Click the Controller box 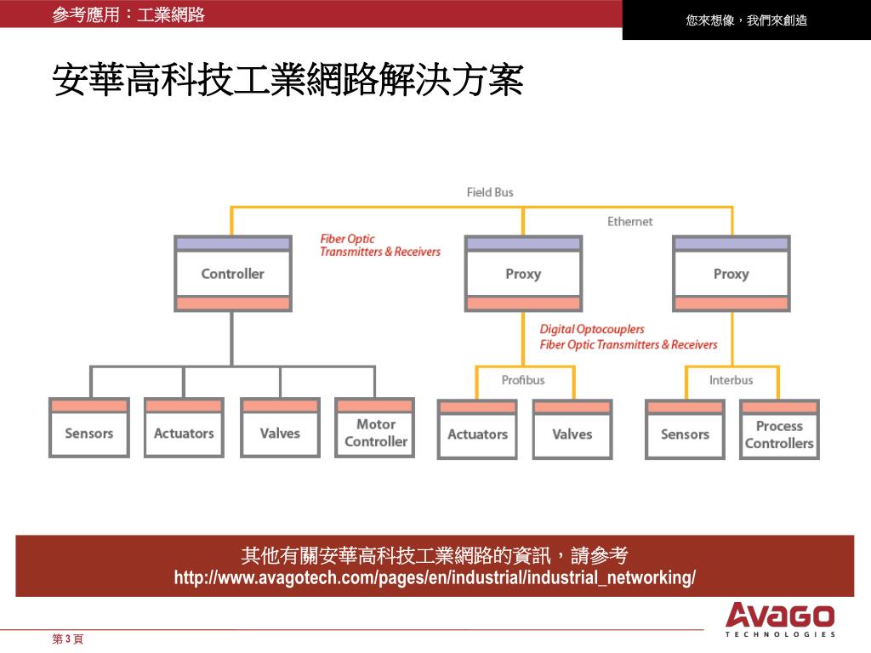(232, 274)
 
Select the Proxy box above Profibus (523, 274)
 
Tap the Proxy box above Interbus (731, 274)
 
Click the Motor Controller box (375, 432)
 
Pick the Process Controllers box (778, 434)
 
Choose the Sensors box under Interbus (685, 434)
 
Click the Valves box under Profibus (572, 434)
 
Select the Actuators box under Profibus (477, 434)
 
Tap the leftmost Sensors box (88, 433)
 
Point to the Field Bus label (490, 192)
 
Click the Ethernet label (629, 221)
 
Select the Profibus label (523, 380)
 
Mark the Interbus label (731, 380)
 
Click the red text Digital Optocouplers (592, 329)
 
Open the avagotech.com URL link (435, 578)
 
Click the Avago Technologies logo (780, 618)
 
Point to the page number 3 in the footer (68, 639)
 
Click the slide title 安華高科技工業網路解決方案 (287, 82)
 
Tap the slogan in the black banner (746, 20)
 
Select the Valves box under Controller (280, 433)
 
